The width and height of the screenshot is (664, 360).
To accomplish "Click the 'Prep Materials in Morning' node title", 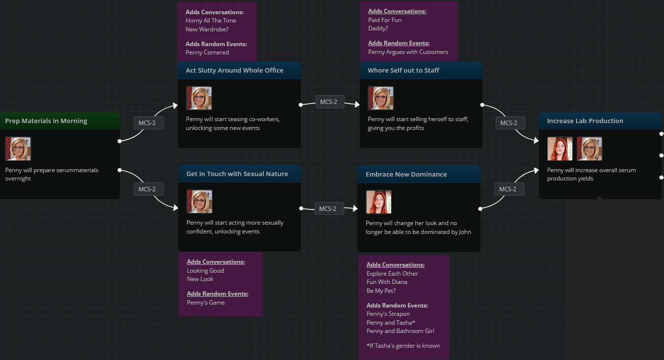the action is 46,121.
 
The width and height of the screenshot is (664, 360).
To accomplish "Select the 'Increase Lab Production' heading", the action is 585,121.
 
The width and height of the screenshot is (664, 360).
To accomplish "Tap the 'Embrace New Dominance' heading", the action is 406,174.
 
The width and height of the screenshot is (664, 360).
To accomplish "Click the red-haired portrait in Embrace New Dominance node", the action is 378,202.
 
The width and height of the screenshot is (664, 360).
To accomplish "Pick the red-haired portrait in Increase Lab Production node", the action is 559,149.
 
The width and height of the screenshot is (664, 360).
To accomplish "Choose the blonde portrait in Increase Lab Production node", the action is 589,149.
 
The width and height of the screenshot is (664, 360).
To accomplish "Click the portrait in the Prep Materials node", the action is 18,149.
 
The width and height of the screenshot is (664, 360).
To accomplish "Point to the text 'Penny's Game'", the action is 206,303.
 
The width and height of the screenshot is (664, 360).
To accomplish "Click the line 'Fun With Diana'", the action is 387,282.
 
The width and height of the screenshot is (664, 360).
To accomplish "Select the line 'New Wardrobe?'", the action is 207,29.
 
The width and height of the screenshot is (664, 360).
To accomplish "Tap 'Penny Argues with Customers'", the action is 408,52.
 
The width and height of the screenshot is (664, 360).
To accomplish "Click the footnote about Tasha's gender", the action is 403,346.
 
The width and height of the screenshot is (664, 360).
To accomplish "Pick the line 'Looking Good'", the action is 206,271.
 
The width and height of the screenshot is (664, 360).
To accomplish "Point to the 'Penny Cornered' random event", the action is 207,52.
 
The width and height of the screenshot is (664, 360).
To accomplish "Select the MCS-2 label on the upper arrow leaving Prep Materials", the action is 149,123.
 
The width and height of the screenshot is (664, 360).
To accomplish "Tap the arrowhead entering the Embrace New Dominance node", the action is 355,208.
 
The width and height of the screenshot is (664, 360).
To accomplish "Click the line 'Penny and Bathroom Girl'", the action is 400,331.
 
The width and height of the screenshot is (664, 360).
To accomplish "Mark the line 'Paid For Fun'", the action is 385,20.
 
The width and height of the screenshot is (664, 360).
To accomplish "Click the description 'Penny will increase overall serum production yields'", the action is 591,174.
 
